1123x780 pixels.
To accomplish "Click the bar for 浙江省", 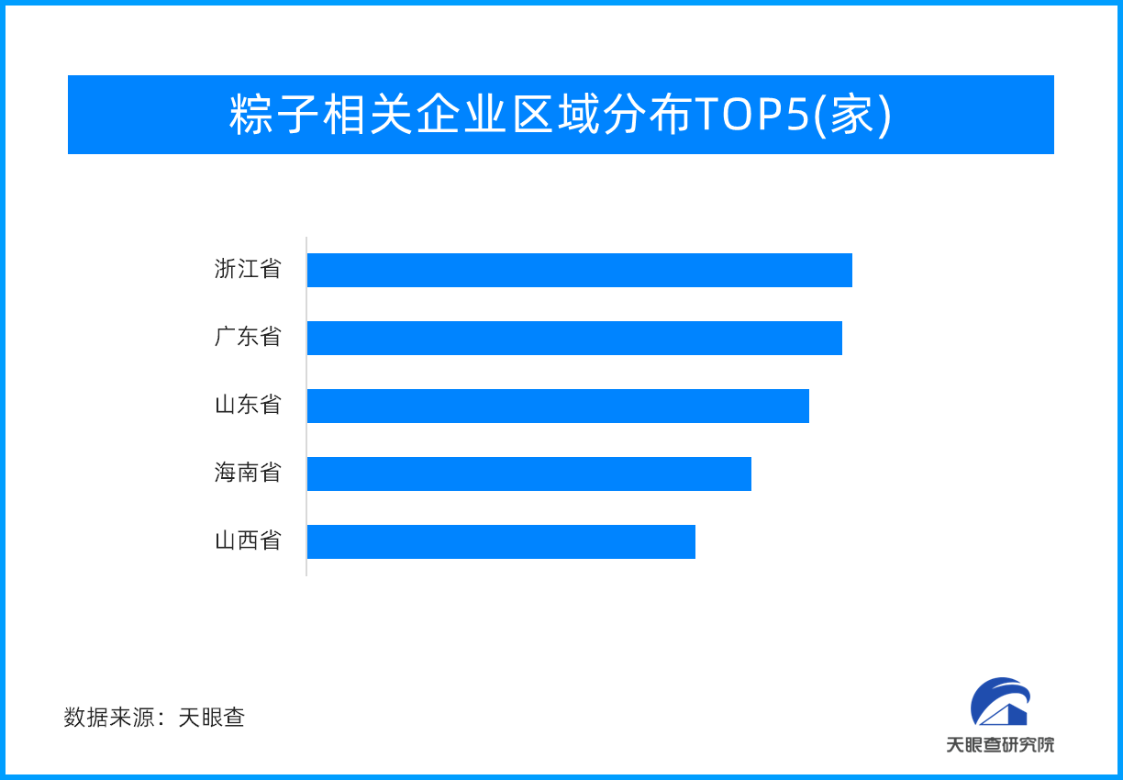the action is [x=580, y=270].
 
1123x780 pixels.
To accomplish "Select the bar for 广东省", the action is [x=574, y=338].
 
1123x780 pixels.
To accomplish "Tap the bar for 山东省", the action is [x=558, y=406].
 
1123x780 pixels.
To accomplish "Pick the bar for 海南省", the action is [x=529, y=474].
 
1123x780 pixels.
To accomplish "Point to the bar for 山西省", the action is [x=501, y=542].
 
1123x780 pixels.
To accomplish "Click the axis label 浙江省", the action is [x=248, y=269].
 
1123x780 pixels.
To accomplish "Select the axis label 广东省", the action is [x=248, y=337].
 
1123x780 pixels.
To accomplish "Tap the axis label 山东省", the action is [x=248, y=405].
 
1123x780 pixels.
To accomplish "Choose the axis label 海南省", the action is [x=248, y=473].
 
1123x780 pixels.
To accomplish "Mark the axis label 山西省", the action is [x=248, y=540].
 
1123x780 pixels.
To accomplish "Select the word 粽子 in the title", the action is [x=273, y=115].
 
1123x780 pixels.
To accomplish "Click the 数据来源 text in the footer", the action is [x=109, y=718].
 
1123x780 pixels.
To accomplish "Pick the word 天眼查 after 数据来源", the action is [x=212, y=718].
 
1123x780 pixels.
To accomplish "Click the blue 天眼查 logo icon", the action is [x=1000, y=701].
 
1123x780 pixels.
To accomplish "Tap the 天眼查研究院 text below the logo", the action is [x=1000, y=745].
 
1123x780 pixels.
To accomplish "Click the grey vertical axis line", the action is [x=306, y=407].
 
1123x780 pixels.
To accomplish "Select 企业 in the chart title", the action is [x=461, y=115].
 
